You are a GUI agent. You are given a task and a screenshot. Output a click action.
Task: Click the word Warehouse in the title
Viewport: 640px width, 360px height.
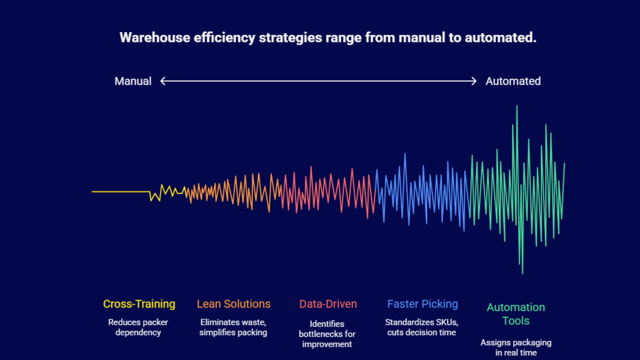pyautogui.click(x=155, y=38)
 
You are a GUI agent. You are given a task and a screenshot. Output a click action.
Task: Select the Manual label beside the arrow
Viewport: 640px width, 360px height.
pyautogui.click(x=133, y=81)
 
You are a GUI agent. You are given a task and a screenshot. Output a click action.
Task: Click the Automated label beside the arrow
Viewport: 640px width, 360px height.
pyautogui.click(x=513, y=81)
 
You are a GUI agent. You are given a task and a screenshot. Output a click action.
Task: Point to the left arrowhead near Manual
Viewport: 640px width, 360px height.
pyautogui.click(x=162, y=81)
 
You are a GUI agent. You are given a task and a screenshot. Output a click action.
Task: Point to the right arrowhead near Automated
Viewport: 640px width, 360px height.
pyautogui.click(x=474, y=81)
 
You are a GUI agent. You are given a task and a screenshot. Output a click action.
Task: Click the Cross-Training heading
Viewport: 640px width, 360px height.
pyautogui.click(x=139, y=304)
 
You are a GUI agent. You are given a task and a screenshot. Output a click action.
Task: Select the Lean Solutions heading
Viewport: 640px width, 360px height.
pyautogui.click(x=234, y=304)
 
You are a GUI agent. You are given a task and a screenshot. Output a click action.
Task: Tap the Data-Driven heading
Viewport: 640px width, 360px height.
pyautogui.click(x=328, y=304)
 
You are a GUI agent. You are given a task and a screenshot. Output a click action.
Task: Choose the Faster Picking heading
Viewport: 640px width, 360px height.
pyautogui.click(x=422, y=304)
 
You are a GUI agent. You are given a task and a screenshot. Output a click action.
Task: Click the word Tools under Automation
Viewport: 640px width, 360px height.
pyautogui.click(x=516, y=321)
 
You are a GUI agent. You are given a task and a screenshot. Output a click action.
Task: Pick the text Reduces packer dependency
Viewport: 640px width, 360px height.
pyautogui.click(x=138, y=327)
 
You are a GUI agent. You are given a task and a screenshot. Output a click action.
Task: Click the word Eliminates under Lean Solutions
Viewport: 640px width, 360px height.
pyautogui.click(x=220, y=322)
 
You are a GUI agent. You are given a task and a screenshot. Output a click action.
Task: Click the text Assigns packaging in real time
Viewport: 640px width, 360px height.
pyautogui.click(x=516, y=348)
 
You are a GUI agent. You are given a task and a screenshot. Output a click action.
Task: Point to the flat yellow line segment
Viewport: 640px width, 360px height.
pyautogui.click(x=120, y=192)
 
